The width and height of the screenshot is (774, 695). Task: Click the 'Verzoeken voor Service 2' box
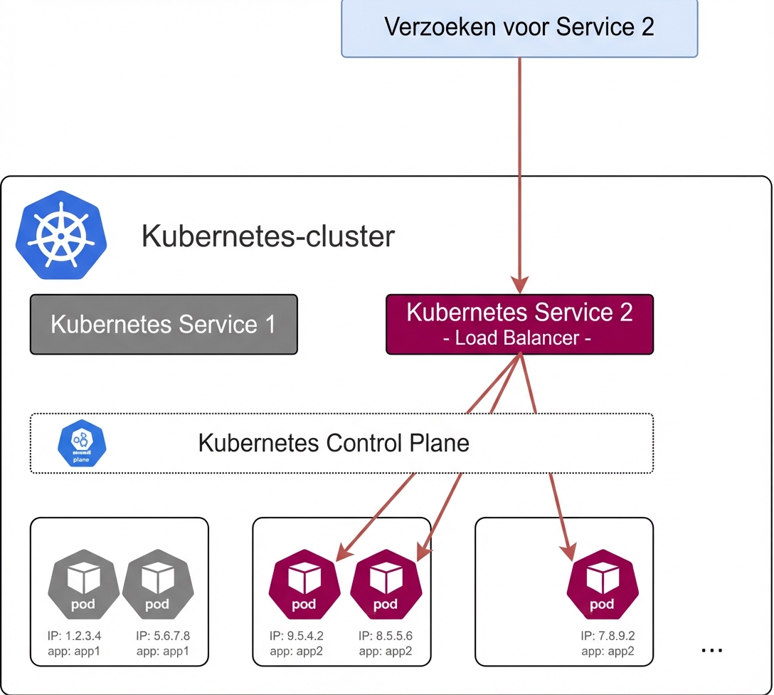coord(519,28)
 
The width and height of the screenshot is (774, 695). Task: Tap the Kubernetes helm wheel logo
coord(61,234)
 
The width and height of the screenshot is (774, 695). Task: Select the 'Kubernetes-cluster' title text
coord(268,236)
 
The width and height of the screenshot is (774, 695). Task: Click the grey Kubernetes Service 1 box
coord(164,325)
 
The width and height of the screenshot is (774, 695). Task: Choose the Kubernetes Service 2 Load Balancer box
coord(519,324)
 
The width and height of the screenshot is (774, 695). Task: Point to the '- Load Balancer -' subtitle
coord(517,338)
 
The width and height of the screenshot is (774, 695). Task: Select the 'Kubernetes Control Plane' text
coord(334,443)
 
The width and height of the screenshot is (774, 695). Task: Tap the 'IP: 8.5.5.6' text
coord(386,636)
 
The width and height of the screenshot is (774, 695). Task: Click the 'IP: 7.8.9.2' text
coord(608,636)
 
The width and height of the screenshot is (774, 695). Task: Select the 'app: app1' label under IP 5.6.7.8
coord(164,650)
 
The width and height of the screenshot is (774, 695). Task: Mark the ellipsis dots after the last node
coord(712,649)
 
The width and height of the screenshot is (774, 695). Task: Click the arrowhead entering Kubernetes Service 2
coord(520,286)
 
